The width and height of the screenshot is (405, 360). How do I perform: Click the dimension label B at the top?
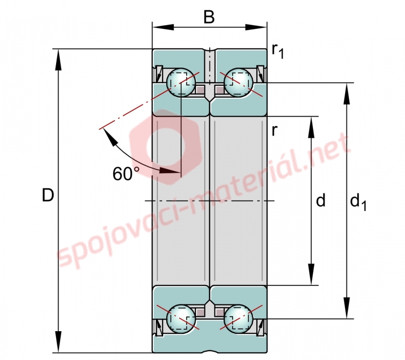(x=209, y=17)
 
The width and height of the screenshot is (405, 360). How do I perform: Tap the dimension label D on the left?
(x=48, y=195)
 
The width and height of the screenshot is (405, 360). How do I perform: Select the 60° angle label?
(x=126, y=173)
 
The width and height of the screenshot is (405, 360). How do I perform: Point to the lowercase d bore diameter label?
(x=321, y=200)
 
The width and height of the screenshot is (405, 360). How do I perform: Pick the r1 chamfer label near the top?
(x=278, y=50)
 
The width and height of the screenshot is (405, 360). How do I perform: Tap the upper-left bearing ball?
(x=181, y=82)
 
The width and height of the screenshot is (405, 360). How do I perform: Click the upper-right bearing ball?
(x=238, y=83)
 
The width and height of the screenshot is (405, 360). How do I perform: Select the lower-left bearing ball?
(x=181, y=318)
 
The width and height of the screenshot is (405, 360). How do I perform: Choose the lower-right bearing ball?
(x=238, y=318)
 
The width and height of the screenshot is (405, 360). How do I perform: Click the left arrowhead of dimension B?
(x=163, y=27)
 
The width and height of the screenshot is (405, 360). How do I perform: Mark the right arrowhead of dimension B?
(x=256, y=27)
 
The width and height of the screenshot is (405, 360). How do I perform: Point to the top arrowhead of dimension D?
(x=59, y=59)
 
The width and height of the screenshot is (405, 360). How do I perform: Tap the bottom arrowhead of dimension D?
(x=59, y=342)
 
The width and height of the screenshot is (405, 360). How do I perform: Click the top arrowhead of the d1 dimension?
(x=347, y=94)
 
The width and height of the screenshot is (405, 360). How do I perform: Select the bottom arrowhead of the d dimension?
(x=311, y=274)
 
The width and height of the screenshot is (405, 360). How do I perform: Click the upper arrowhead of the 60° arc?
(x=110, y=137)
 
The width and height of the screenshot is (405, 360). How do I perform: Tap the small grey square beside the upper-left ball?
(x=200, y=89)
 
